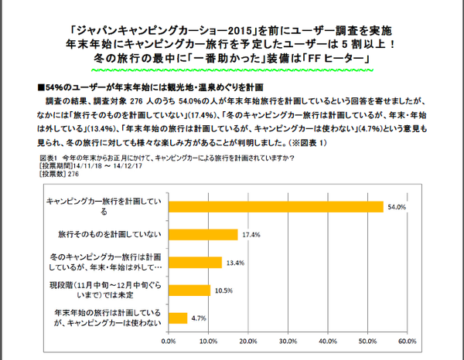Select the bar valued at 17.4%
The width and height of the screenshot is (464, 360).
tap(202, 234)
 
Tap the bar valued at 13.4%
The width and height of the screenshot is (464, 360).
tap(194, 262)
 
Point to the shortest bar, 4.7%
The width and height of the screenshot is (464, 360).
tap(176, 318)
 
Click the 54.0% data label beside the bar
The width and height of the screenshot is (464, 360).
tap(397, 207)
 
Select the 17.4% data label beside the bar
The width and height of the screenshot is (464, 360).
tap(249, 234)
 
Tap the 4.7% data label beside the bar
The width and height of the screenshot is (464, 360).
tap(197, 318)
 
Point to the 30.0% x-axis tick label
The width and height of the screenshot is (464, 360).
tap(288, 339)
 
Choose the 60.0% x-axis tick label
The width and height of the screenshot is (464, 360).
tap(407, 339)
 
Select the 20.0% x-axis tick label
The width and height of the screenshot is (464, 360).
tap(247, 339)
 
